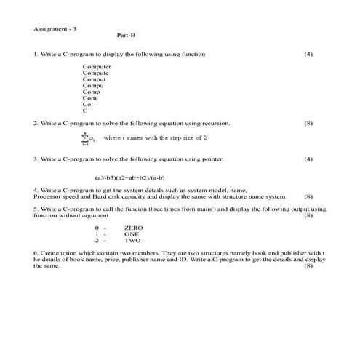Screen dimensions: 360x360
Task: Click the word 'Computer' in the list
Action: (x=97, y=67)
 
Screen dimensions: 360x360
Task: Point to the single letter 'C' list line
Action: (x=85, y=111)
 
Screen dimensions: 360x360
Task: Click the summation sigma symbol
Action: (x=85, y=137)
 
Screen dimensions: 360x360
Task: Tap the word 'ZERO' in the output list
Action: (x=134, y=228)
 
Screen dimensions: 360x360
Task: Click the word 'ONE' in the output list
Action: (x=132, y=234)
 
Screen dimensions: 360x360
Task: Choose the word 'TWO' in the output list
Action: (x=132, y=240)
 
